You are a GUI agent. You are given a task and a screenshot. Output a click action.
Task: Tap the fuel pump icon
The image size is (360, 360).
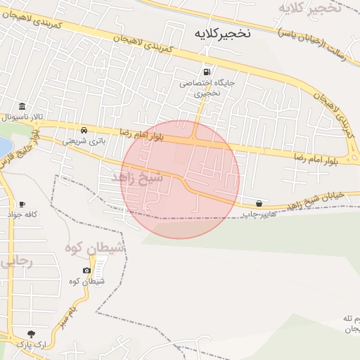point(207,71)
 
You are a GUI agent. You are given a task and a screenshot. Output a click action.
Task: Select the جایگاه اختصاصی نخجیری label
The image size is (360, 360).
point(200,87)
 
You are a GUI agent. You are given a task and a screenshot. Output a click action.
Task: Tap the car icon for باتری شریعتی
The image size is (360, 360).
point(84,130)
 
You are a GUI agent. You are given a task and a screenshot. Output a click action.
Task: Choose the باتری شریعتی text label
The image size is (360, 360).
point(79,141)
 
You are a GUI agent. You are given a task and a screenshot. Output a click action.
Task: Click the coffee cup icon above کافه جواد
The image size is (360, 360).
point(22,204)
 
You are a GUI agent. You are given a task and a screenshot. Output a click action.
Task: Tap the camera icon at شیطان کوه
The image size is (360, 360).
point(86,271)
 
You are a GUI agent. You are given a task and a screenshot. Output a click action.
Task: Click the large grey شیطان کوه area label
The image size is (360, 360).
point(95,247)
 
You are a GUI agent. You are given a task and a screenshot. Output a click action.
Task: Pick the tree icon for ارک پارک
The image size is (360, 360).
point(30,334)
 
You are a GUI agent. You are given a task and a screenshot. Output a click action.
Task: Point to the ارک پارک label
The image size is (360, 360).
point(30,345)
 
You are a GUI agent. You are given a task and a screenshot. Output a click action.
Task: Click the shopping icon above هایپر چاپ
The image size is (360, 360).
point(259,203)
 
